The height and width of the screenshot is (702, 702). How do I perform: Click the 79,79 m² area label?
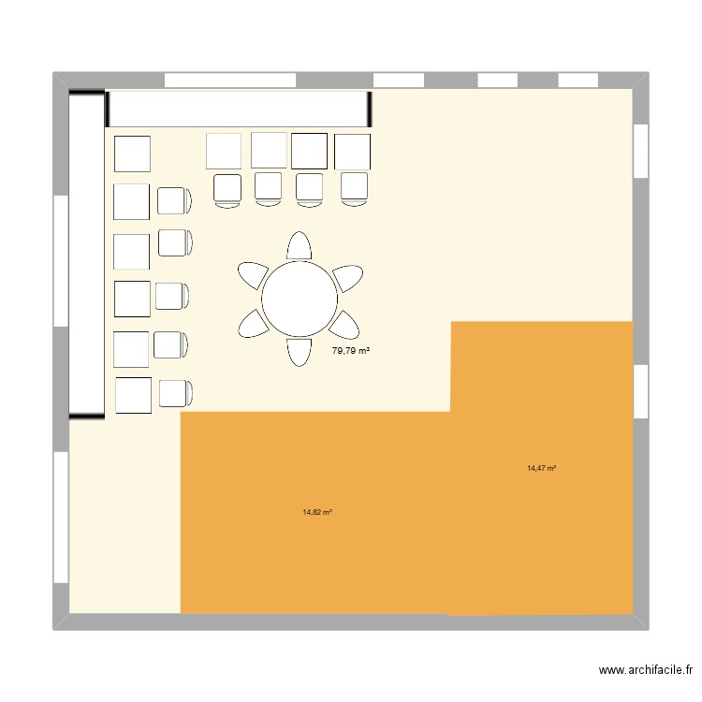[351, 351]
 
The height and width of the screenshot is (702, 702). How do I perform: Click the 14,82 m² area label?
[318, 512]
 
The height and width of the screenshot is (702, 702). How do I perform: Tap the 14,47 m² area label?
[542, 468]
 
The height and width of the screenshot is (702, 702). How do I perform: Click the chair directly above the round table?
[300, 245]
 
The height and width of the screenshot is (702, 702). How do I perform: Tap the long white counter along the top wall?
[238, 109]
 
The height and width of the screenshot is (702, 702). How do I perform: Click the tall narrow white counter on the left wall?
[86, 254]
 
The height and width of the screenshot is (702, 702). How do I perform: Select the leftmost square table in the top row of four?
[224, 152]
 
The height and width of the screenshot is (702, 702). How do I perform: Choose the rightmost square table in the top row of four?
[353, 152]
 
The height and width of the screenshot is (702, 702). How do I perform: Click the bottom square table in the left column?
[133, 395]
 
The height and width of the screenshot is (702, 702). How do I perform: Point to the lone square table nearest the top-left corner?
[132, 154]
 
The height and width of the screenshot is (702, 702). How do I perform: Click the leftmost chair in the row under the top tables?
[228, 189]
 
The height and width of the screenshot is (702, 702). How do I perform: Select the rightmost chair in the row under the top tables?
[355, 188]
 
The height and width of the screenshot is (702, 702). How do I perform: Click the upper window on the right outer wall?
[640, 151]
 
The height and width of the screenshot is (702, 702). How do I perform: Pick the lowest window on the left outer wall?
[61, 517]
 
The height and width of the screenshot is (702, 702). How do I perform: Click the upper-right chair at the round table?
[347, 277]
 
